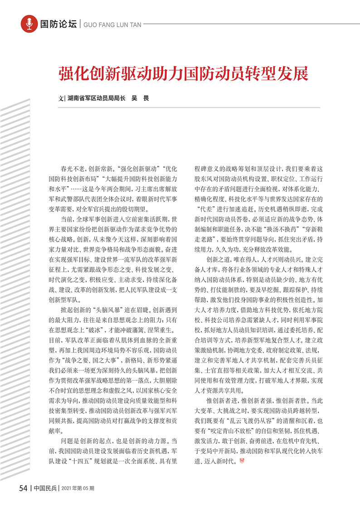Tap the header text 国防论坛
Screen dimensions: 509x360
click(58, 24)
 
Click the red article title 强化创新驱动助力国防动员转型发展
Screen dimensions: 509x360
click(182, 73)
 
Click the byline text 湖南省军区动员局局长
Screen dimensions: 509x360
click(96, 98)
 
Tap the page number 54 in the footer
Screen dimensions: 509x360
click(24, 488)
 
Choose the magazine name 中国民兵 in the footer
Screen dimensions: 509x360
click(45, 488)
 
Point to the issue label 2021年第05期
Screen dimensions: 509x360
click(78, 488)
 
